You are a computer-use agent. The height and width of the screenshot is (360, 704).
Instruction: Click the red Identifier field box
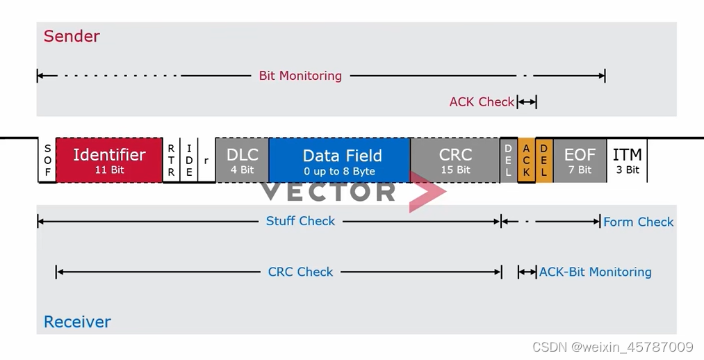109,161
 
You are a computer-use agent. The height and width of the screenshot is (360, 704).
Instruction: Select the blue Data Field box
339,161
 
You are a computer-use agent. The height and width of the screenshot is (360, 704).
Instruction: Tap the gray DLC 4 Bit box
242,161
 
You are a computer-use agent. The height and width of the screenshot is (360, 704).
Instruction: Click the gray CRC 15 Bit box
455,161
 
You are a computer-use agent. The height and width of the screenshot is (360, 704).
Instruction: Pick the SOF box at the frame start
47,161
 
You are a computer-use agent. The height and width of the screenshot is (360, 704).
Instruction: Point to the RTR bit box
171,161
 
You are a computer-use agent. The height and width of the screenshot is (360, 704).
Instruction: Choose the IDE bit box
189,161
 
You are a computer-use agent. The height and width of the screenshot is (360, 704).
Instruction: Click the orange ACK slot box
526,161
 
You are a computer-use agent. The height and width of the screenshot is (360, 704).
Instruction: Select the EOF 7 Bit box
580,161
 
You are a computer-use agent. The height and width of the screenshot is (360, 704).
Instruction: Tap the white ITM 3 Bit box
627,161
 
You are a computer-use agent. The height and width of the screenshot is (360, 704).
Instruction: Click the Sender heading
72,36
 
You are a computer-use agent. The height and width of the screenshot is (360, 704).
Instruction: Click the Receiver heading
77,322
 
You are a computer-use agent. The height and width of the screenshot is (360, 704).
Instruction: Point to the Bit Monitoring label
300,76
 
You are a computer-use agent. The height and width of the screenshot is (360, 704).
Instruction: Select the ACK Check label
481,102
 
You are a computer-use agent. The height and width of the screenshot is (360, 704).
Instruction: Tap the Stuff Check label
300,221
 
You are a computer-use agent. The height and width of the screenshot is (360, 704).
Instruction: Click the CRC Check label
300,272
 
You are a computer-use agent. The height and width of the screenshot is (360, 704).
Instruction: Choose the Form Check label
638,222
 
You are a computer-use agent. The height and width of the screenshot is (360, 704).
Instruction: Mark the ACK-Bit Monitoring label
596,272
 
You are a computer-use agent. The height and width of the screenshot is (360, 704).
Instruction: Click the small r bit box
206,161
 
